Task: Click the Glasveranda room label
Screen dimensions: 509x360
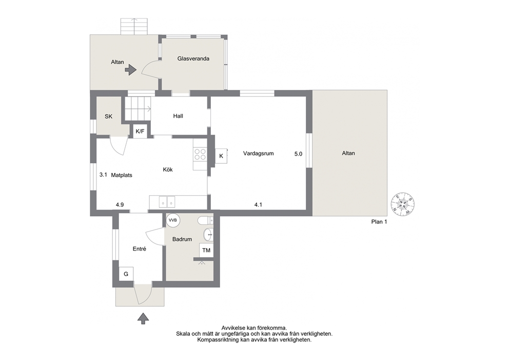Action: click(x=193, y=59)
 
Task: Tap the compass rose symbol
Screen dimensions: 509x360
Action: click(x=403, y=204)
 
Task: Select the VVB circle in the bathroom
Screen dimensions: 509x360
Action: click(x=173, y=220)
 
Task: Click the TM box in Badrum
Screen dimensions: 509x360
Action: click(x=206, y=250)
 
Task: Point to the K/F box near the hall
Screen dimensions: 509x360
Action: click(x=140, y=131)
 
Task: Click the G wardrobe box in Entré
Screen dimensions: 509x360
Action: click(x=126, y=274)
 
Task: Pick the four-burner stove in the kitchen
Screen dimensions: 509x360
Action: click(x=200, y=154)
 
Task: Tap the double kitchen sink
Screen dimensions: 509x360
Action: click(x=167, y=202)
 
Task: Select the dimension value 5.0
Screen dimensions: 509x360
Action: click(x=298, y=154)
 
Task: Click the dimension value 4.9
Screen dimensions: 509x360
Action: click(x=120, y=205)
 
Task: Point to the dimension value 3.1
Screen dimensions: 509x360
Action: click(x=103, y=175)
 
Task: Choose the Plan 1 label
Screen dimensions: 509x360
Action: click(x=379, y=222)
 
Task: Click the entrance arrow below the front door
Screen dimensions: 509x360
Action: click(x=143, y=318)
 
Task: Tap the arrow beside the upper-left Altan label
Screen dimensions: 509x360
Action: click(x=131, y=69)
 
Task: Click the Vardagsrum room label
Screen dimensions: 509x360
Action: click(x=259, y=154)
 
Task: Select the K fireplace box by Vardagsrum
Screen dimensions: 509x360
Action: click(x=221, y=156)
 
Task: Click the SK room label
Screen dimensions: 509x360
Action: click(x=108, y=116)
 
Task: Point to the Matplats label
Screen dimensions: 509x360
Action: click(x=122, y=175)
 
